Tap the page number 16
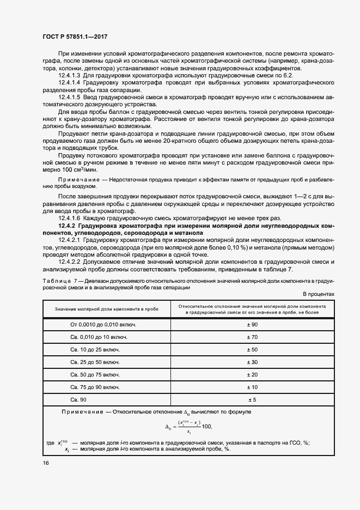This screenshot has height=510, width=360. [x=46, y=462]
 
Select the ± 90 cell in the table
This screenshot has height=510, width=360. [x=252, y=324]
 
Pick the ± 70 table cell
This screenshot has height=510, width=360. [x=252, y=337]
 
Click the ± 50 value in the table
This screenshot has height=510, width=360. [x=252, y=349]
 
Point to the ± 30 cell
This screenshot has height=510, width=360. [x=252, y=362]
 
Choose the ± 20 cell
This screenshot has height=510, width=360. [x=252, y=374]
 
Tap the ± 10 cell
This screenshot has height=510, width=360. [x=252, y=387]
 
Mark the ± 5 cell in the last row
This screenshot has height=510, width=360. [x=252, y=399]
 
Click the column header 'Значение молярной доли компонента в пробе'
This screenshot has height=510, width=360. [x=106, y=309]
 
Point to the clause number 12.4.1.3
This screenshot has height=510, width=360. [x=69, y=76]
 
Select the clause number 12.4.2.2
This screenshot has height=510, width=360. [x=69, y=261]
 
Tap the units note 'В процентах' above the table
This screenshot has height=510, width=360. [x=318, y=294]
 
